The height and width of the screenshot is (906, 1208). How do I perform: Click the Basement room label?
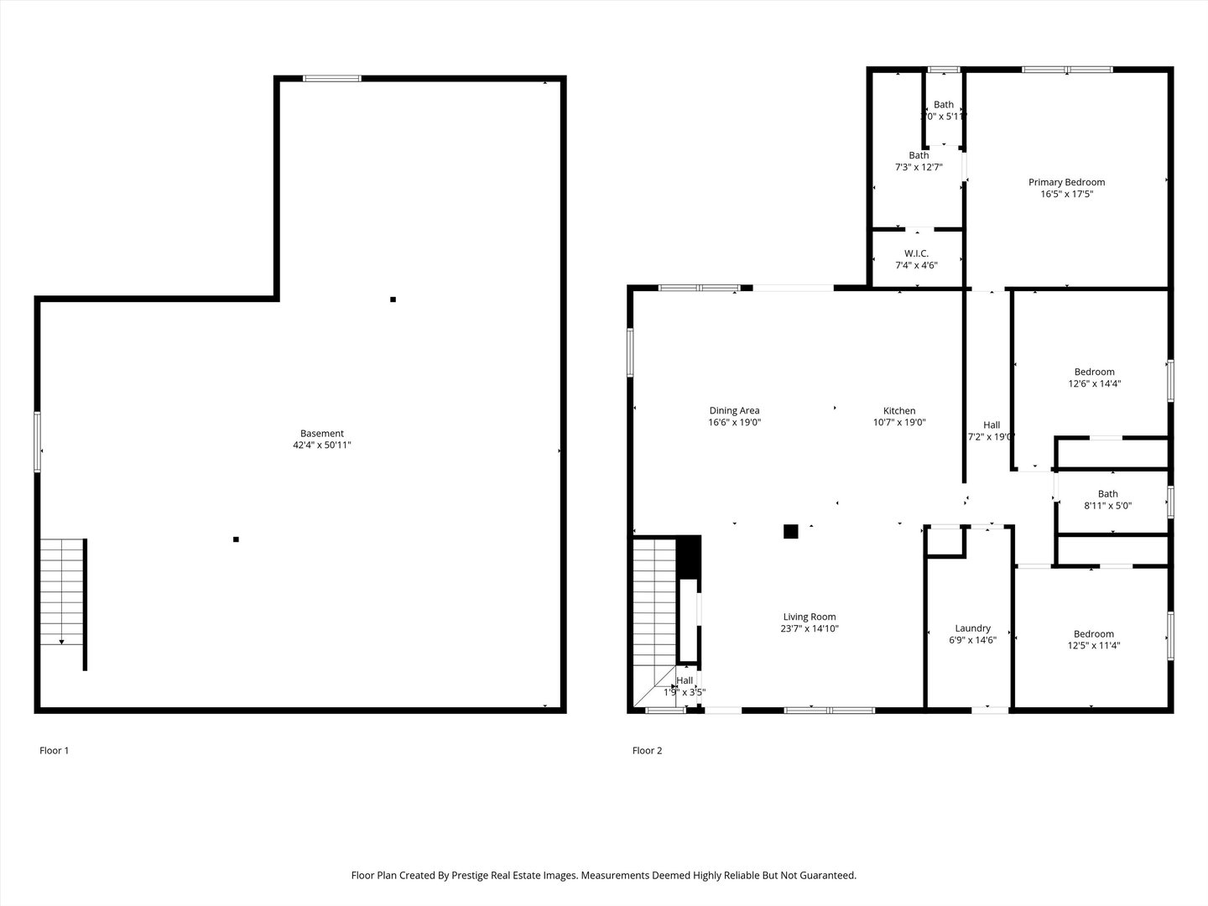[x=322, y=434]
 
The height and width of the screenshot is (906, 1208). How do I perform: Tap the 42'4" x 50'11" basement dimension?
[x=322, y=445]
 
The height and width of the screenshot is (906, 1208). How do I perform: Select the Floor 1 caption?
[x=55, y=751]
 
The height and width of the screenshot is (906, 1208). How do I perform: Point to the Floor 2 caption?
[x=647, y=751]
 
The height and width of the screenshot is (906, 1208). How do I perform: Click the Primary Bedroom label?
[x=1066, y=182]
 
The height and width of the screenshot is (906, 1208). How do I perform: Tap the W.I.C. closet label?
[x=916, y=253]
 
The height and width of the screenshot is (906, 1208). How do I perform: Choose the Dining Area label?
[x=734, y=411]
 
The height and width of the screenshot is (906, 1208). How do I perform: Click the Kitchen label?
[x=899, y=411]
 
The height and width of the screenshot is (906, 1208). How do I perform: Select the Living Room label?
[x=810, y=617]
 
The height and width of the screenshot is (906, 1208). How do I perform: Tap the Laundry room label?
[x=972, y=628]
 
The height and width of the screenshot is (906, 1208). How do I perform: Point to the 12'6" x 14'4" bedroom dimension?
[x=1094, y=383]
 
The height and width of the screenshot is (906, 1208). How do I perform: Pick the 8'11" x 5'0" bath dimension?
[x=1107, y=506]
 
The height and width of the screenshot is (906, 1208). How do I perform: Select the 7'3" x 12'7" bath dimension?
[x=919, y=167]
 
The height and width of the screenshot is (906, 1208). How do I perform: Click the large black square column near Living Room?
[x=790, y=531]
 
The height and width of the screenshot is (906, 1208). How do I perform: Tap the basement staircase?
[x=62, y=591]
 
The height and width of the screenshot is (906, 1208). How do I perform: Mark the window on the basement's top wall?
[x=332, y=79]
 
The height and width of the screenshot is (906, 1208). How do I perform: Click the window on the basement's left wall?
[x=38, y=441]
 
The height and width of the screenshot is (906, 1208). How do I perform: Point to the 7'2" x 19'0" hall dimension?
[x=992, y=436]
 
